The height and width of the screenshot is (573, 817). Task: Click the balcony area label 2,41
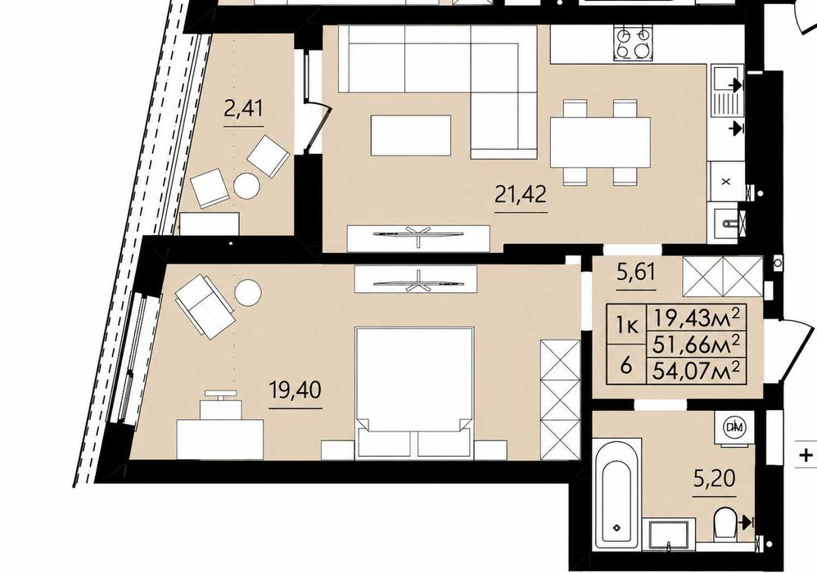click(243, 110)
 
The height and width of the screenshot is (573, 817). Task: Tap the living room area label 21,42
click(521, 194)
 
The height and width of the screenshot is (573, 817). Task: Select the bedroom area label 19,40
click(296, 390)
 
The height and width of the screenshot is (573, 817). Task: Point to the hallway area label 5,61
click(636, 272)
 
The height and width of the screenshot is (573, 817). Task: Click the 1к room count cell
click(627, 326)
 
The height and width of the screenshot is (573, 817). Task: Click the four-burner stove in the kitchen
click(634, 43)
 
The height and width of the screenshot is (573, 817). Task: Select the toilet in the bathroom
click(724, 524)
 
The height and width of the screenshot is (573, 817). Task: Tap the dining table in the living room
click(600, 142)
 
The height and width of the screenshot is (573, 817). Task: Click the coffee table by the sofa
click(411, 135)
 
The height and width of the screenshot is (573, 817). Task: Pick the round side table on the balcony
click(246, 186)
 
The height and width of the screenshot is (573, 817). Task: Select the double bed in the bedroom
click(414, 393)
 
